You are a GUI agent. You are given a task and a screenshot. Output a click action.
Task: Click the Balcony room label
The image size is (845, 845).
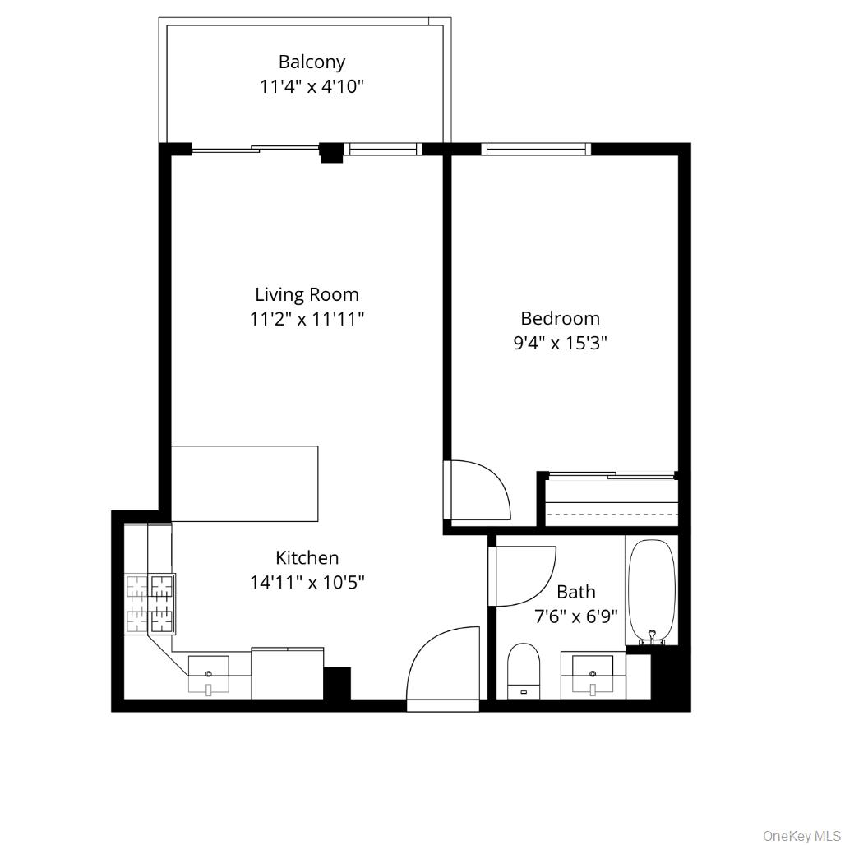pos(312,62)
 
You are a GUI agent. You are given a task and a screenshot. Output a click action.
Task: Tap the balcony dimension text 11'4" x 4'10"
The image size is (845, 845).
pos(312,86)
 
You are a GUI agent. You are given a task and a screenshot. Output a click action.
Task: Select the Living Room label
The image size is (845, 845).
pos(307,294)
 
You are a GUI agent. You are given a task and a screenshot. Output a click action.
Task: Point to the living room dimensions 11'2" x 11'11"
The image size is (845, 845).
pos(307,319)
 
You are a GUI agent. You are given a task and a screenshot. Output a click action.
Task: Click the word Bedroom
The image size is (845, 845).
pos(560,318)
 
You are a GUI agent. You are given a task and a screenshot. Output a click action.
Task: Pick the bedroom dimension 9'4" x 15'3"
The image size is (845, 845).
pos(560,343)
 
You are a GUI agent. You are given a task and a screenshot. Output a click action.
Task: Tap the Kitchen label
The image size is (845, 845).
pos(307,558)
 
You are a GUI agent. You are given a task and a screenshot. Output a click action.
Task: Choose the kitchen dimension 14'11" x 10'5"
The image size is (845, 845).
pos(307,583)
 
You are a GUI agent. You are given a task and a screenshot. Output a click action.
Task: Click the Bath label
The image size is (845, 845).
pos(576,592)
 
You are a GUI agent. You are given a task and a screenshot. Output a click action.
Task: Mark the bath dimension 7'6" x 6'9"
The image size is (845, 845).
pos(576,616)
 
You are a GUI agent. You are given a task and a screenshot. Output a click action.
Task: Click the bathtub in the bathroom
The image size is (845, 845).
pos(652,590)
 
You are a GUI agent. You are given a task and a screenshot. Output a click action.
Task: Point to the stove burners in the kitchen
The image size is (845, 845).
pos(151,604)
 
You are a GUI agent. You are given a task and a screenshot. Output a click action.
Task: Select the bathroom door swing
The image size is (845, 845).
pos(520,575)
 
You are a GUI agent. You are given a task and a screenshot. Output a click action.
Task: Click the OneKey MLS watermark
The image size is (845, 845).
pos(801,836)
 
